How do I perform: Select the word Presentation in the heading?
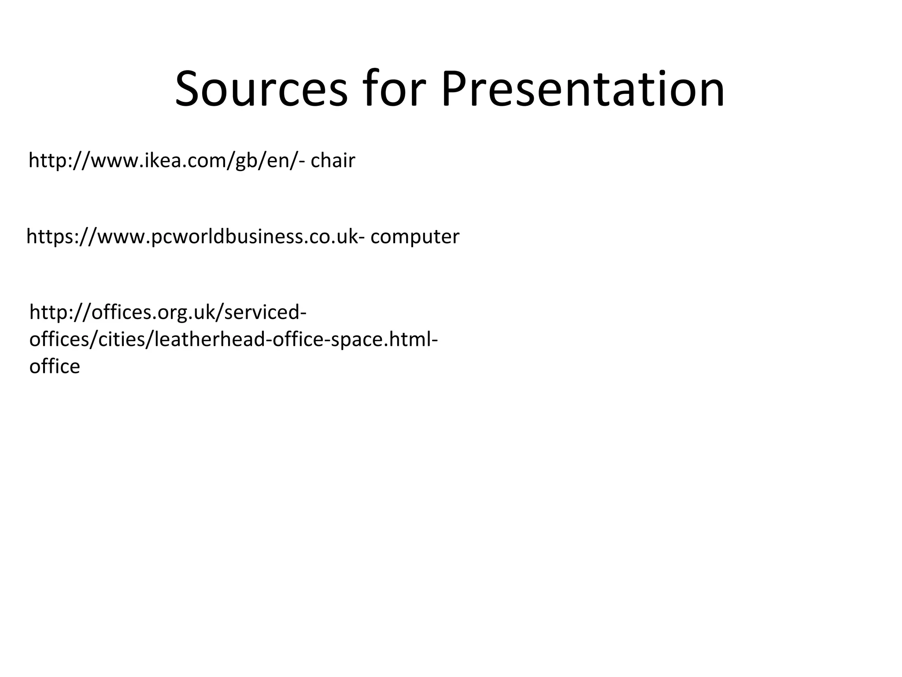pyautogui.click(x=582, y=89)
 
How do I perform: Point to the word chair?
pyautogui.click(x=333, y=161)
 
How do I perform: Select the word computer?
pyautogui.click(x=415, y=237)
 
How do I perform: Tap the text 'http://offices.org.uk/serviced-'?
pyautogui.click(x=168, y=312)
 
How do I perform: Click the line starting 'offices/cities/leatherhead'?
pyautogui.click(x=233, y=340)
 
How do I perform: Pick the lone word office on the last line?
pyautogui.click(x=55, y=367)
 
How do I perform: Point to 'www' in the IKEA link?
pyautogui.click(x=116, y=161)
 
